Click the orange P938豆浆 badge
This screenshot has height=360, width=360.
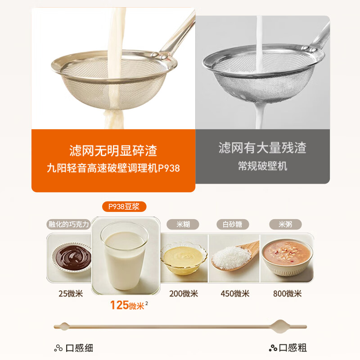coord(124,207)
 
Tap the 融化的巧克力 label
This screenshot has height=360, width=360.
coord(69,224)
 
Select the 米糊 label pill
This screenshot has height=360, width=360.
coord(183,224)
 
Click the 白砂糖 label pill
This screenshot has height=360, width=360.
coord(233,224)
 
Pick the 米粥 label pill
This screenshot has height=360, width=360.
coord(285,224)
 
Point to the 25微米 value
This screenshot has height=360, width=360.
coord(71,294)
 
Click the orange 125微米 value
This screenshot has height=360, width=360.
coord(127,306)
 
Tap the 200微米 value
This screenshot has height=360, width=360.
coord(184,294)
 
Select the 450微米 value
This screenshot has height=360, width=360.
coord(235,294)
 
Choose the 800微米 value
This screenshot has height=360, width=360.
coord(287,294)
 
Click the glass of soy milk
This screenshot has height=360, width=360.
coord(125,256)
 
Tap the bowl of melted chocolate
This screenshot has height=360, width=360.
coord(72,257)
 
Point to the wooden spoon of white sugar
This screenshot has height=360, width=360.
coord(235,256)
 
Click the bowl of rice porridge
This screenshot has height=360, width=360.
coord(287,257)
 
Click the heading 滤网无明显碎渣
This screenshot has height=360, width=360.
coord(113,151)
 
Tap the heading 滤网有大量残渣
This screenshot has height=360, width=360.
coord(262,148)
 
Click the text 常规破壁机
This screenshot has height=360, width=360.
coord(262,166)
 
